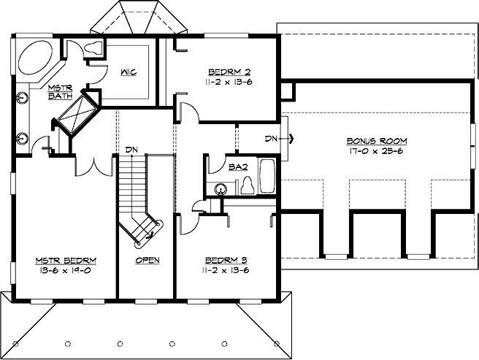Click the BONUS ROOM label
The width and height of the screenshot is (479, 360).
click(377, 139)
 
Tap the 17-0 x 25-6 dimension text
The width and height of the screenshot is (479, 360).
click(377, 151)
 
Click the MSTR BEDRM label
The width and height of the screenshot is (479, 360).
click(66, 260)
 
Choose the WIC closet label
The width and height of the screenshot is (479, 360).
click(129, 72)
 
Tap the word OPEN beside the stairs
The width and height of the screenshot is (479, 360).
click(147, 260)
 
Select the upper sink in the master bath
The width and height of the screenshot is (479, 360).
click(23, 96)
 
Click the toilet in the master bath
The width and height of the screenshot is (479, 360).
click(92, 50)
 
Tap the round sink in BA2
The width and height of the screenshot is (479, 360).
click(219, 189)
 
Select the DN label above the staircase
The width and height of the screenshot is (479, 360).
click(131, 150)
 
